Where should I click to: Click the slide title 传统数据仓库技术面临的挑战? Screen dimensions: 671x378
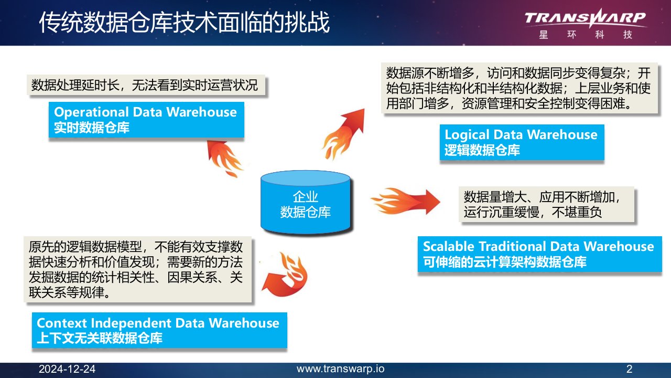tap(184, 22)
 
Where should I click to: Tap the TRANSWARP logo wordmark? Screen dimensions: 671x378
tap(585, 18)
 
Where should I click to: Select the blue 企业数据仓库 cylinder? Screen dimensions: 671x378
tap(306, 202)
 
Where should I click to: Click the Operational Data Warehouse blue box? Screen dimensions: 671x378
tap(146, 120)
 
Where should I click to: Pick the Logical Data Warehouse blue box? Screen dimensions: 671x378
tap(522, 142)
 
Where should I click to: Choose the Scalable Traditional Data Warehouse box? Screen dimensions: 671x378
tap(540, 254)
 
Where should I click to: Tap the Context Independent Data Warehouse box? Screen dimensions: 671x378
tap(159, 330)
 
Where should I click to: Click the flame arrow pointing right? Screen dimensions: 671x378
tap(406, 202)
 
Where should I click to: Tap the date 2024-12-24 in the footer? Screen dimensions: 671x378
tap(67, 369)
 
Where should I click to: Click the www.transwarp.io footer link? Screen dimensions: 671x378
tap(341, 369)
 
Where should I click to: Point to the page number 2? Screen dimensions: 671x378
tap(629, 369)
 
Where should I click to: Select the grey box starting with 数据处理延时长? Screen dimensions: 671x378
tap(146, 85)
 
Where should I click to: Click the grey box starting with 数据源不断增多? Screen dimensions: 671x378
tap(520, 88)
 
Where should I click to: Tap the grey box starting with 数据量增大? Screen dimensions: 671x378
tap(546, 204)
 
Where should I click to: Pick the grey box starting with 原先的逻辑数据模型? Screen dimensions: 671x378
tap(137, 269)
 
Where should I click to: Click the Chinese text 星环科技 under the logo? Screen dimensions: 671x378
tap(586, 35)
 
